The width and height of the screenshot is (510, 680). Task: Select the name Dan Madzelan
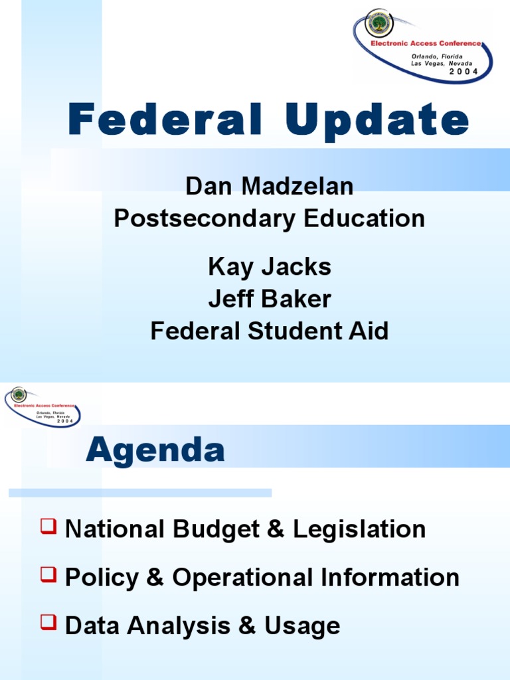(269, 187)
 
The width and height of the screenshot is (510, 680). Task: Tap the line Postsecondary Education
(269, 218)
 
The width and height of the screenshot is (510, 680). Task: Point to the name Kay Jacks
(269, 267)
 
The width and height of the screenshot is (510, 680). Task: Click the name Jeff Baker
(269, 299)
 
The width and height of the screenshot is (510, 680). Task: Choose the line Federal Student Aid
(269, 331)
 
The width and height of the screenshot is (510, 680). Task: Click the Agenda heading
(155, 452)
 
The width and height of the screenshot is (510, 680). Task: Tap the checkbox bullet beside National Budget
(48, 528)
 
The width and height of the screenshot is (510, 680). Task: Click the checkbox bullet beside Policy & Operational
(48, 576)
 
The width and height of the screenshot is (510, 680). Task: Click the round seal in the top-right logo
(379, 24)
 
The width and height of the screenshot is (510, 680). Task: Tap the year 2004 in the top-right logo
(464, 71)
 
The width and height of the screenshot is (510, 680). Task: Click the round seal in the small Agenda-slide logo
(17, 395)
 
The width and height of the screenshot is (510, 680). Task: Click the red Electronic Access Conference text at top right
(425, 43)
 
